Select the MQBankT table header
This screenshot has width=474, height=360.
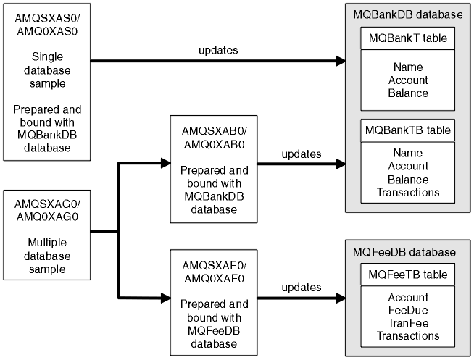point(407,38)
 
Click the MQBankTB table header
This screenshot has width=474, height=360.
point(407,132)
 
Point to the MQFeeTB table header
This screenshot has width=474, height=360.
point(407,275)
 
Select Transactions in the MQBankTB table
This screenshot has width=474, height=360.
point(407,192)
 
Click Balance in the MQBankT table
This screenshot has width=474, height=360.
point(407,93)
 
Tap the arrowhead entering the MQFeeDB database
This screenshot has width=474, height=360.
point(340,298)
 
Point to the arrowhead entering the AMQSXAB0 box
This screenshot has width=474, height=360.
point(165,164)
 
